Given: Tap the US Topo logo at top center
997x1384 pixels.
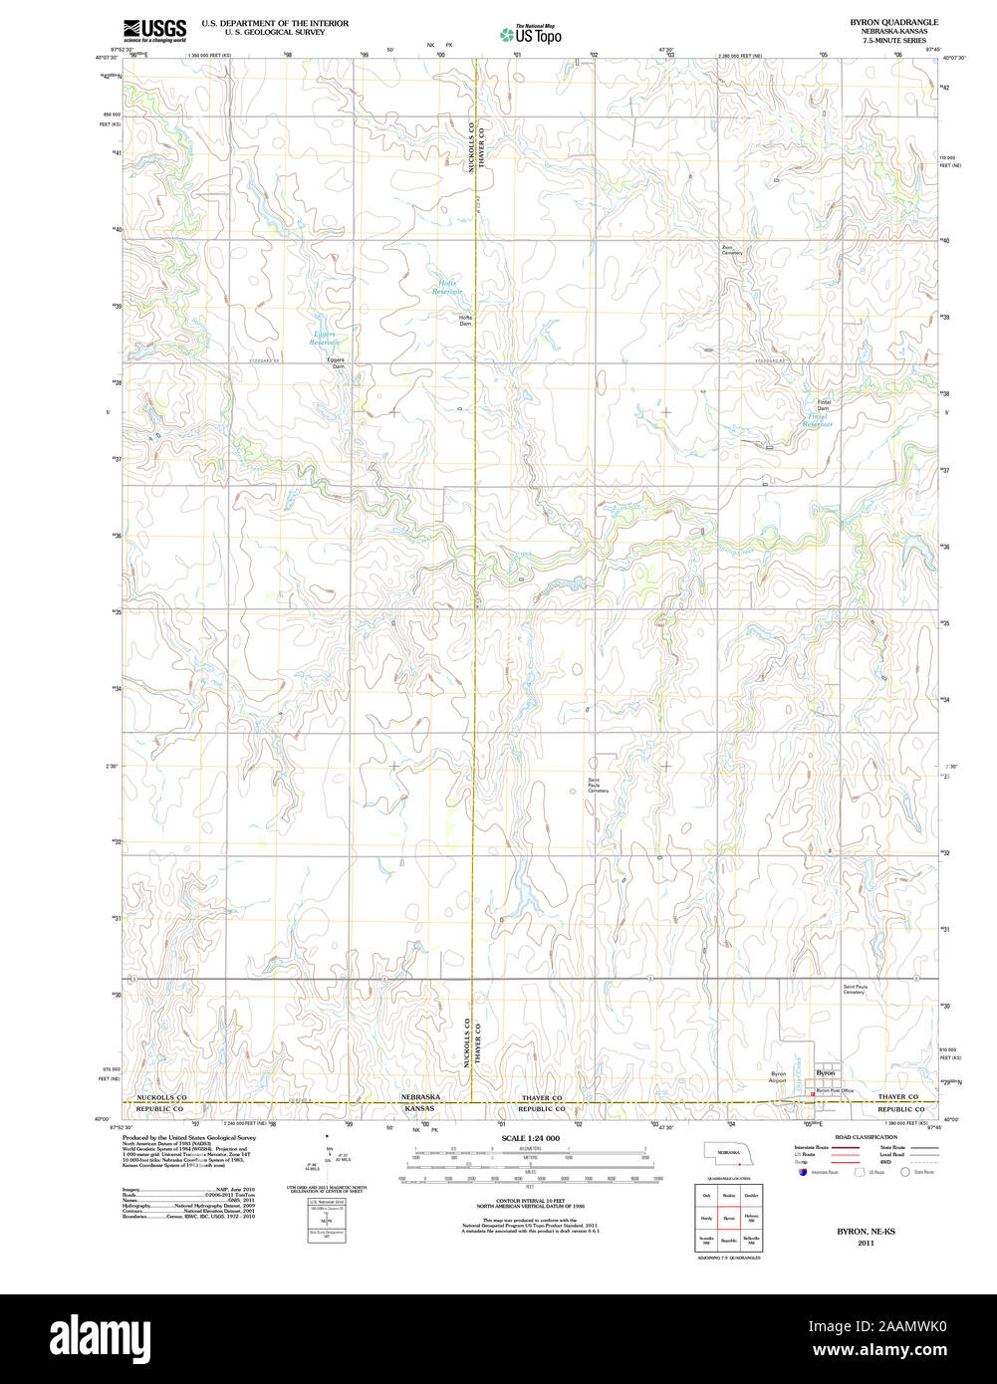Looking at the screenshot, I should coord(530,35).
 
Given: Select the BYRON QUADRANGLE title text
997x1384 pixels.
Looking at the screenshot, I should coord(893,21).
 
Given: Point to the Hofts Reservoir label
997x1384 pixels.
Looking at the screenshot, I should coord(447,287).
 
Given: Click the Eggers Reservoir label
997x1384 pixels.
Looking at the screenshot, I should coord(325,339).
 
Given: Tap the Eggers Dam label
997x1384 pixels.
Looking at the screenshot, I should coord(338,362).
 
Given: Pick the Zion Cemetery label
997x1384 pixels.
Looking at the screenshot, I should coord(732,250).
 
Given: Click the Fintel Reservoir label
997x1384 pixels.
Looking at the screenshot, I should coord(818,420).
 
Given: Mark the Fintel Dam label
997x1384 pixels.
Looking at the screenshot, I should coord(823,405).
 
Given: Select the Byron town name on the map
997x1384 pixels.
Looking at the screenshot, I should coord(826,1072).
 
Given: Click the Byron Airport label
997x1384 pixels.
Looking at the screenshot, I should coord(778,1077).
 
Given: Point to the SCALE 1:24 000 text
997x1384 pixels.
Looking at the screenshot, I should coord(530,1138).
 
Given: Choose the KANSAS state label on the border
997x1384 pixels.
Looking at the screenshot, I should coord(419,1108).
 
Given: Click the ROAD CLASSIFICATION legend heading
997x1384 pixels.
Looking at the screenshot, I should coord(866,1137).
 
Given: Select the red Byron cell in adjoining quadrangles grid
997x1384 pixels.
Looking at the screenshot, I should coord(728,1218).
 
